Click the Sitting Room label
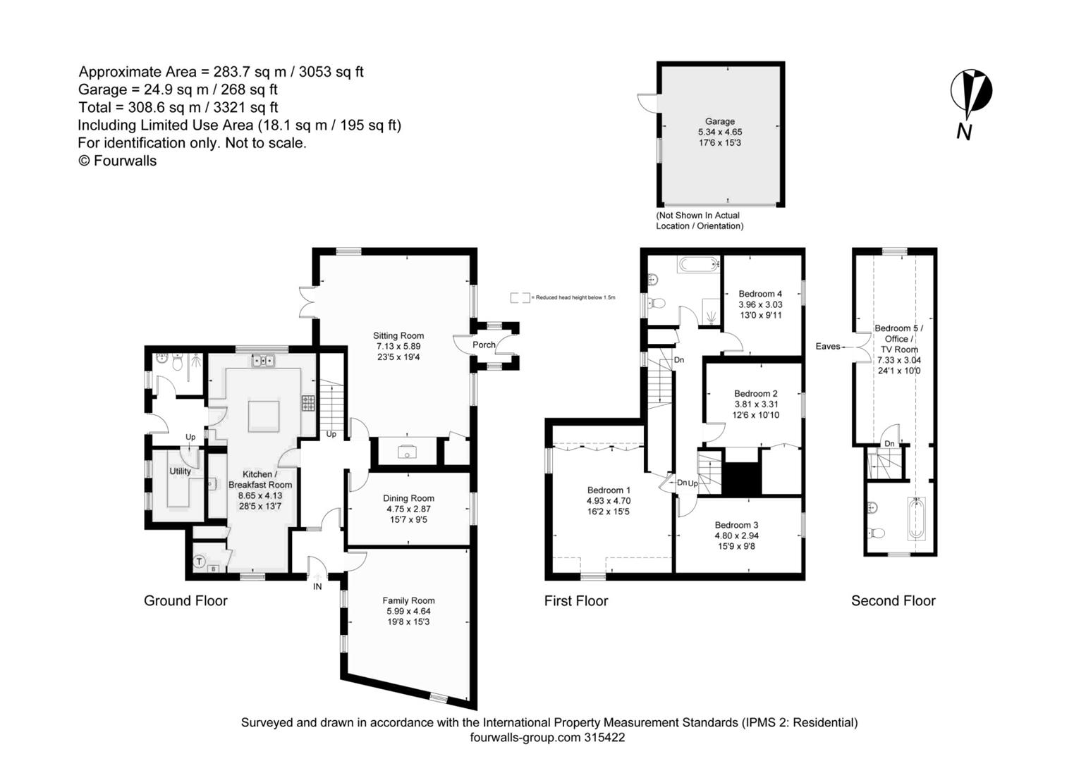(398, 336)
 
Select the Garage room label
(719, 121)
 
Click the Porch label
(484, 345)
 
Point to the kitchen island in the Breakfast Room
(263, 415)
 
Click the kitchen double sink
(263, 361)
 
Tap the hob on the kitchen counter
(308, 402)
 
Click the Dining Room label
(408, 498)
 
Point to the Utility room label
(180, 471)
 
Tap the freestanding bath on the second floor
(916, 519)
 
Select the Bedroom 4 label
(759, 294)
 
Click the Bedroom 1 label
(609, 490)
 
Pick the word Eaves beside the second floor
(828, 346)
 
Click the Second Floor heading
(893, 601)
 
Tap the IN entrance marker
(317, 586)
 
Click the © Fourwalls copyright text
(117, 161)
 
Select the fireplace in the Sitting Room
(407, 452)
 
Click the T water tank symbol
(200, 562)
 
